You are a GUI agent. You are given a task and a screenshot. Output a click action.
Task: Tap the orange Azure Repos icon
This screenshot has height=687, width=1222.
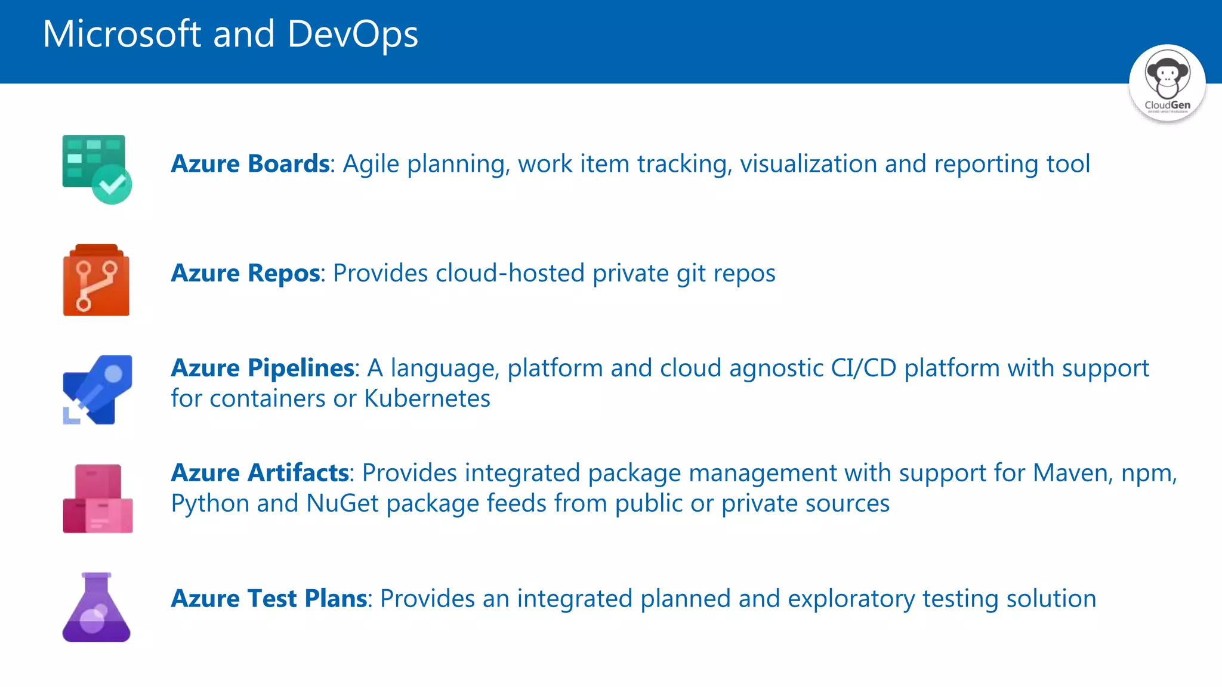pyautogui.click(x=96, y=280)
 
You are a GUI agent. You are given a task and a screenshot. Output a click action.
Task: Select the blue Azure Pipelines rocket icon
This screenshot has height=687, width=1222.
pyautogui.click(x=98, y=389)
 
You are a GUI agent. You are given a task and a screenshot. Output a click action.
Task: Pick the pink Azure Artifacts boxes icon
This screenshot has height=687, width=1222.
pyautogui.click(x=98, y=499)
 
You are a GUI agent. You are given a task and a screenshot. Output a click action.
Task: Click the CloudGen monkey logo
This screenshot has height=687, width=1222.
pyautogui.click(x=1167, y=82)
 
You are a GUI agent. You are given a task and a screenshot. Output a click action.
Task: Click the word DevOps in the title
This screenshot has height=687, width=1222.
pyautogui.click(x=353, y=34)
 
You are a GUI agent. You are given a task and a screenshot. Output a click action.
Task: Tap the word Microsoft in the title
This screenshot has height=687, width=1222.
pyautogui.click(x=122, y=34)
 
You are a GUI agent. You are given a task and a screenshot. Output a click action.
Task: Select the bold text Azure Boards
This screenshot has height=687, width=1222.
pyautogui.click(x=250, y=164)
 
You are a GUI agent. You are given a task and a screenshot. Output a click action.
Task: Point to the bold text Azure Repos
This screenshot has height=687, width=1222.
pyautogui.click(x=245, y=273)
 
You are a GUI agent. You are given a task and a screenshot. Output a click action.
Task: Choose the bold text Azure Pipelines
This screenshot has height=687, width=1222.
pyautogui.click(x=263, y=368)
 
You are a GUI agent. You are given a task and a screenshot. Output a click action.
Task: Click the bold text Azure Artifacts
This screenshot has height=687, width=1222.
pyautogui.click(x=260, y=473)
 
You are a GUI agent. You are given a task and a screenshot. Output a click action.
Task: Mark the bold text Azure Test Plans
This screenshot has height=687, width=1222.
pyautogui.click(x=269, y=599)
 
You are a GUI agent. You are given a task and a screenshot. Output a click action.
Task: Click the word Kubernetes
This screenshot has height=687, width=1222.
pyautogui.click(x=427, y=398)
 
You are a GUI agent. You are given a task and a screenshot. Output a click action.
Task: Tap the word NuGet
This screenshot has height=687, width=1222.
pyautogui.click(x=342, y=503)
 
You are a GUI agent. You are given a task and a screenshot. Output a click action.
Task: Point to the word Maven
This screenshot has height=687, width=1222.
pyautogui.click(x=1070, y=473)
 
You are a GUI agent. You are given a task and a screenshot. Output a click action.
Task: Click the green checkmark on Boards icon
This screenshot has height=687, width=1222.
pyautogui.click(x=112, y=185)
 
